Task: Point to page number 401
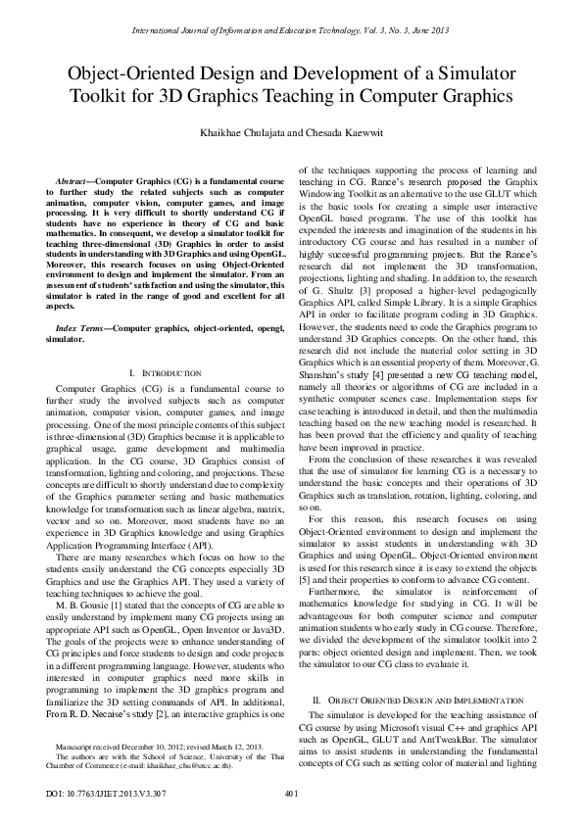point(291,793)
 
